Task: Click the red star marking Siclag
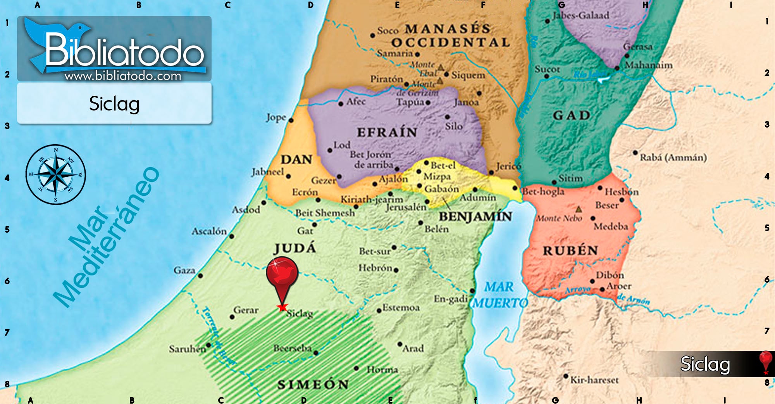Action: tap(282, 307)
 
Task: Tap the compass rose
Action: tap(56, 174)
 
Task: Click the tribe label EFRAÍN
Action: tap(387, 132)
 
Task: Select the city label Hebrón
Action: tap(375, 268)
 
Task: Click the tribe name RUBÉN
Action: tap(570, 250)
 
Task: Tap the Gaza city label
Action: tap(184, 270)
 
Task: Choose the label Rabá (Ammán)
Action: tap(673, 157)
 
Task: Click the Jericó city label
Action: tap(508, 166)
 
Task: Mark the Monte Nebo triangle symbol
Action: tap(579, 209)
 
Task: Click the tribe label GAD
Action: tap(572, 115)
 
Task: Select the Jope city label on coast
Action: tap(276, 117)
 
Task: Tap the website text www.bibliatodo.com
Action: tap(123, 76)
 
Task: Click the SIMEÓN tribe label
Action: tap(313, 384)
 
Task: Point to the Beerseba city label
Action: tap(292, 348)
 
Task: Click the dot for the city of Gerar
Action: tap(232, 317)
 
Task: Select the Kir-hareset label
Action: tap(594, 380)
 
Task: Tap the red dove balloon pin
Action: tap(282, 273)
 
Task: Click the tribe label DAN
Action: tap(296, 159)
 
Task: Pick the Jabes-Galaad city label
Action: tap(580, 16)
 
